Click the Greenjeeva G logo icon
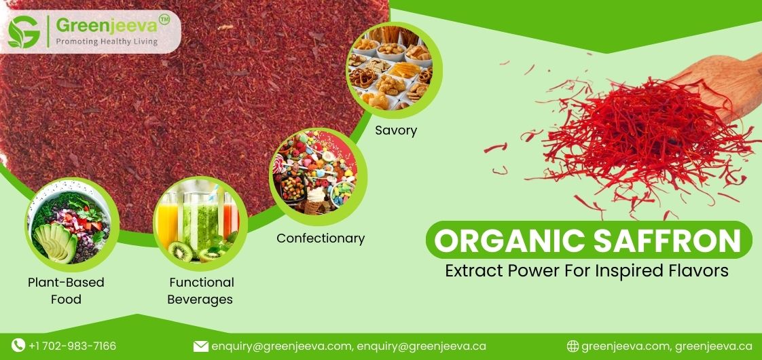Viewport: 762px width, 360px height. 24,31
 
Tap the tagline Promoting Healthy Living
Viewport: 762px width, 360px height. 106,41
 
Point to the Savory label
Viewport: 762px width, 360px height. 395,130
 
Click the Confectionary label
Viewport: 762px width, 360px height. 321,238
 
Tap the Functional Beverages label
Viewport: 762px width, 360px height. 201,291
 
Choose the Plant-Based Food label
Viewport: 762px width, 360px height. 66,291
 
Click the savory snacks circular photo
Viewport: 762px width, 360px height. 389,70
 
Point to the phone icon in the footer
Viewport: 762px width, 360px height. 18,346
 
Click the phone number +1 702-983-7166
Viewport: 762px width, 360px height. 72,346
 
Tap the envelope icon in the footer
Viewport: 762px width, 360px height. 200,346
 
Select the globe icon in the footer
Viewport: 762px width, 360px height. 573,346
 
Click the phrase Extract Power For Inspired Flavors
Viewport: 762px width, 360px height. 587,270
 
